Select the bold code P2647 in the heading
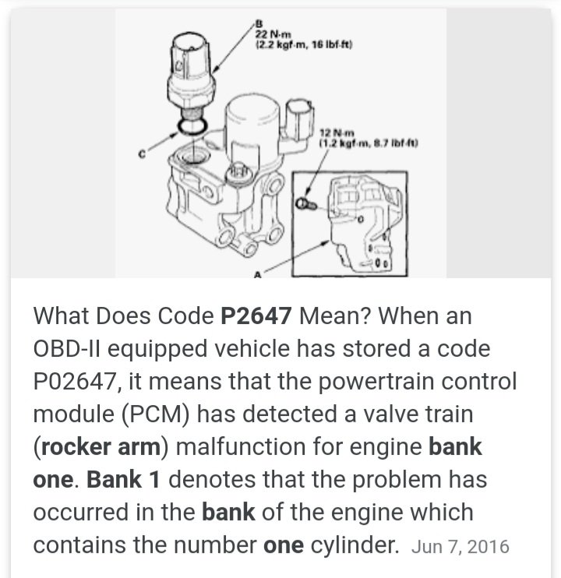(257, 317)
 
